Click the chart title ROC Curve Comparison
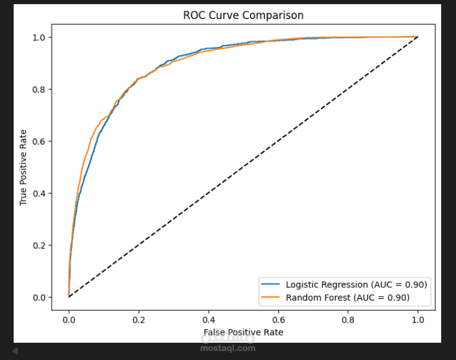pos(243,15)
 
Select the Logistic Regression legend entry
pos(356,284)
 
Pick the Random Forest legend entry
pos(347,297)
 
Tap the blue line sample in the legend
pos(272,284)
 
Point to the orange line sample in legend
pos(272,297)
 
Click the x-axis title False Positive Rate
pos(243,332)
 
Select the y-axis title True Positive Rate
pos(24,167)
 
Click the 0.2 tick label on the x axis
pos(139,319)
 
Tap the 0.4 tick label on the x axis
pos(208,319)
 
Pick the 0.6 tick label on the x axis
pos(278,319)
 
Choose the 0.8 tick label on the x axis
pos(348,319)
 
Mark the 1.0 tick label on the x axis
pos(418,319)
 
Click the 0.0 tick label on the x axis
pos(69,319)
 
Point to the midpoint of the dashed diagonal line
pos(243,167)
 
